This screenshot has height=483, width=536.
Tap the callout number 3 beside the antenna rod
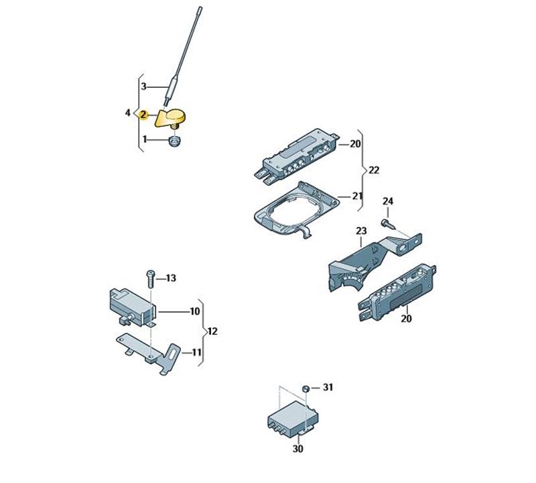coord(143,86)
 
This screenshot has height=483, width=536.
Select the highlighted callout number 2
coord(143,115)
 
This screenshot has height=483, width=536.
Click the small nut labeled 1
coord(174,141)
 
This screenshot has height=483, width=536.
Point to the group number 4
coord(128,113)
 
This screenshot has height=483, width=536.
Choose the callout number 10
coord(195,311)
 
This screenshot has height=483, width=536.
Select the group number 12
coord(212,331)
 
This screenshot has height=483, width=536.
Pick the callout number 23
coord(362,231)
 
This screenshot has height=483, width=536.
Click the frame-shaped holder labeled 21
coord(295,211)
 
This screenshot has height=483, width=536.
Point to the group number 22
coord(374,170)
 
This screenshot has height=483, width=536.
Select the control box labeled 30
coord(289,417)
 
